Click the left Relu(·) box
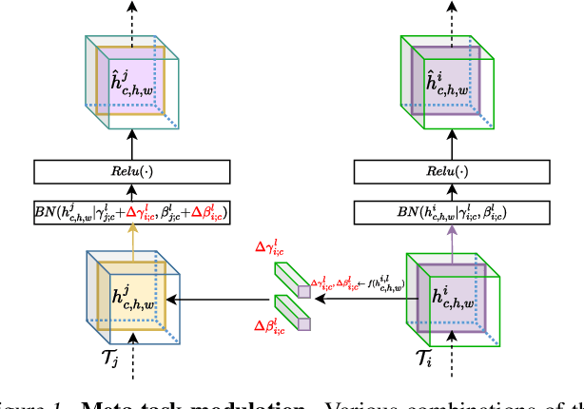[131, 172]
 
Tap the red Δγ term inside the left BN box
[153, 212]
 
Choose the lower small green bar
[292, 311]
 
